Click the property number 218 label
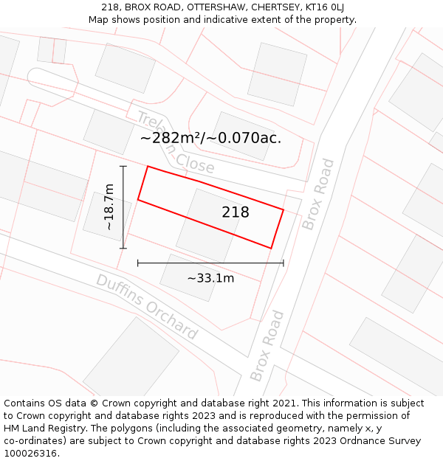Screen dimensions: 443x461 click(236, 212)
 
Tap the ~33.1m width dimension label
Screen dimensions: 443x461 click(210, 278)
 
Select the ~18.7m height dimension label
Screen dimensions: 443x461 click(109, 207)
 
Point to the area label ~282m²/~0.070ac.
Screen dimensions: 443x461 click(210, 138)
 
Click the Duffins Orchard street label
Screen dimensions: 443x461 click(147, 307)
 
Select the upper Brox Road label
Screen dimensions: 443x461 click(318, 194)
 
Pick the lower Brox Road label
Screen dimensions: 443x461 click(267, 345)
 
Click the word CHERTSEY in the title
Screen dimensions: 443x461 click(275, 7)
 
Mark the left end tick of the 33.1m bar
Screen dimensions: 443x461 click(138, 263)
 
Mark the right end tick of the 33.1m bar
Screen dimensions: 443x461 click(284, 263)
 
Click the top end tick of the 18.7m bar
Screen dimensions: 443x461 click(123, 167)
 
